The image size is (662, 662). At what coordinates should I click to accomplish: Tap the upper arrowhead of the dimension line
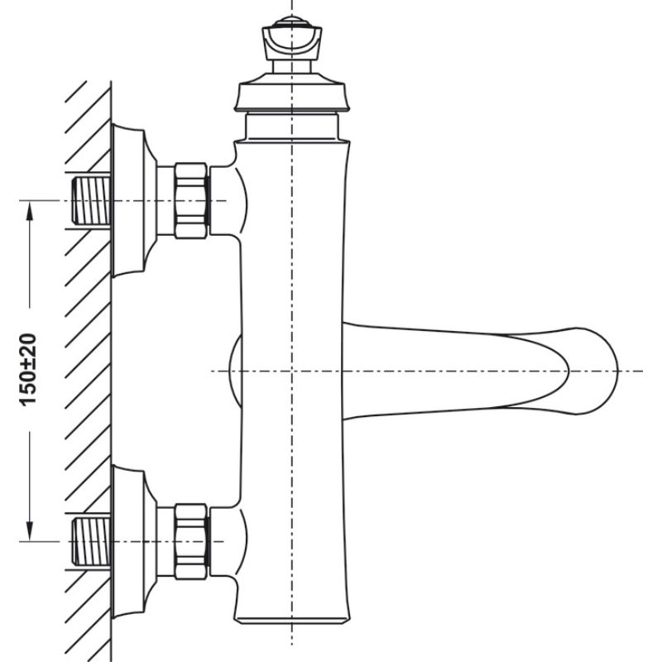point(30,212)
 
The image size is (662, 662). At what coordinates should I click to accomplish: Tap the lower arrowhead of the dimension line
point(30,530)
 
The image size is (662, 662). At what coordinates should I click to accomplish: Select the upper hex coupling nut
point(192,200)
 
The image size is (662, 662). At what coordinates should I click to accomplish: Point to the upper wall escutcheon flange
point(132,200)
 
